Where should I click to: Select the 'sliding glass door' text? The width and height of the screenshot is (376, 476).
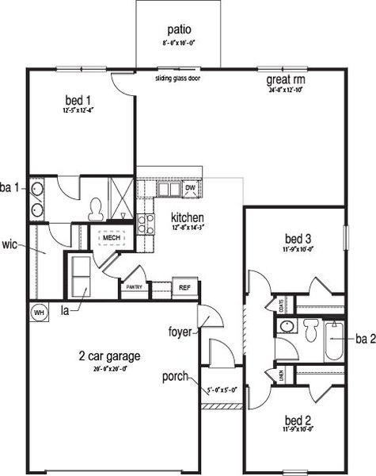click(x=177, y=79)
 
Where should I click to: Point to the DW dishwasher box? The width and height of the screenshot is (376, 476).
click(x=190, y=189)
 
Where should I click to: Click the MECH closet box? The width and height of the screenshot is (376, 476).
click(x=108, y=236)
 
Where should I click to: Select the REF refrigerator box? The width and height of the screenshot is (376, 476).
click(x=184, y=287)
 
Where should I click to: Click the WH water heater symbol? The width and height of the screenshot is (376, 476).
click(x=37, y=312)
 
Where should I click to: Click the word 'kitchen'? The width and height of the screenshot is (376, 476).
click(x=187, y=217)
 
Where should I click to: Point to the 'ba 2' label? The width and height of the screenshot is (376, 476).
click(x=365, y=339)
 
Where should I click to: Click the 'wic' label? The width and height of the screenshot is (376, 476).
click(x=10, y=244)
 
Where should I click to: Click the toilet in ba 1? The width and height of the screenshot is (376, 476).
click(x=96, y=209)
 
